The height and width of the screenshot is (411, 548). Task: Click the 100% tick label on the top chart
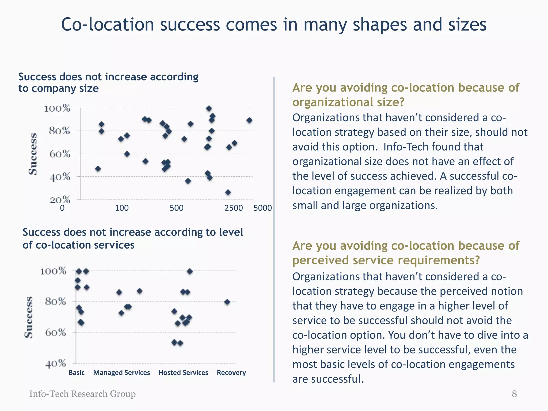57,109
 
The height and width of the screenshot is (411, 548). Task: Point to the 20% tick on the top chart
60,200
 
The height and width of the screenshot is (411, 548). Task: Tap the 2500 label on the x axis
234,208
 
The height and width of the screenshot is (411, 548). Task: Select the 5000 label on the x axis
262,208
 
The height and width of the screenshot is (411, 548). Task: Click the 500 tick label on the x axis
177,208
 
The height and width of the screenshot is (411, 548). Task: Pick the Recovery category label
231,372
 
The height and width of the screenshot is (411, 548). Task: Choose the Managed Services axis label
121,372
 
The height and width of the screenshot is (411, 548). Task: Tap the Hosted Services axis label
183,372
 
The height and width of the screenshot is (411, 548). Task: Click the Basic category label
77,372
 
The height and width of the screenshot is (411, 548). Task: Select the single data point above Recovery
227,302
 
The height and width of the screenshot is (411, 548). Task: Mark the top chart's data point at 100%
209,109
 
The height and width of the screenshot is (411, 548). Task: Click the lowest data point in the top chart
228,192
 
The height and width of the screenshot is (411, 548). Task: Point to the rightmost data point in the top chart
249,120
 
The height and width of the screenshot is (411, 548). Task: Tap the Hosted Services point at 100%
189,271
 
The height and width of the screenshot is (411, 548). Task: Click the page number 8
514,394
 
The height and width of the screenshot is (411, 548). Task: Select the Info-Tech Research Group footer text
82,394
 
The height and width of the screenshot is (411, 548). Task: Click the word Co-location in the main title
108,25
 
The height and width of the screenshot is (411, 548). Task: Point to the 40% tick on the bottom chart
56,364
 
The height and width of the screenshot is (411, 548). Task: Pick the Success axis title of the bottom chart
29,317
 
